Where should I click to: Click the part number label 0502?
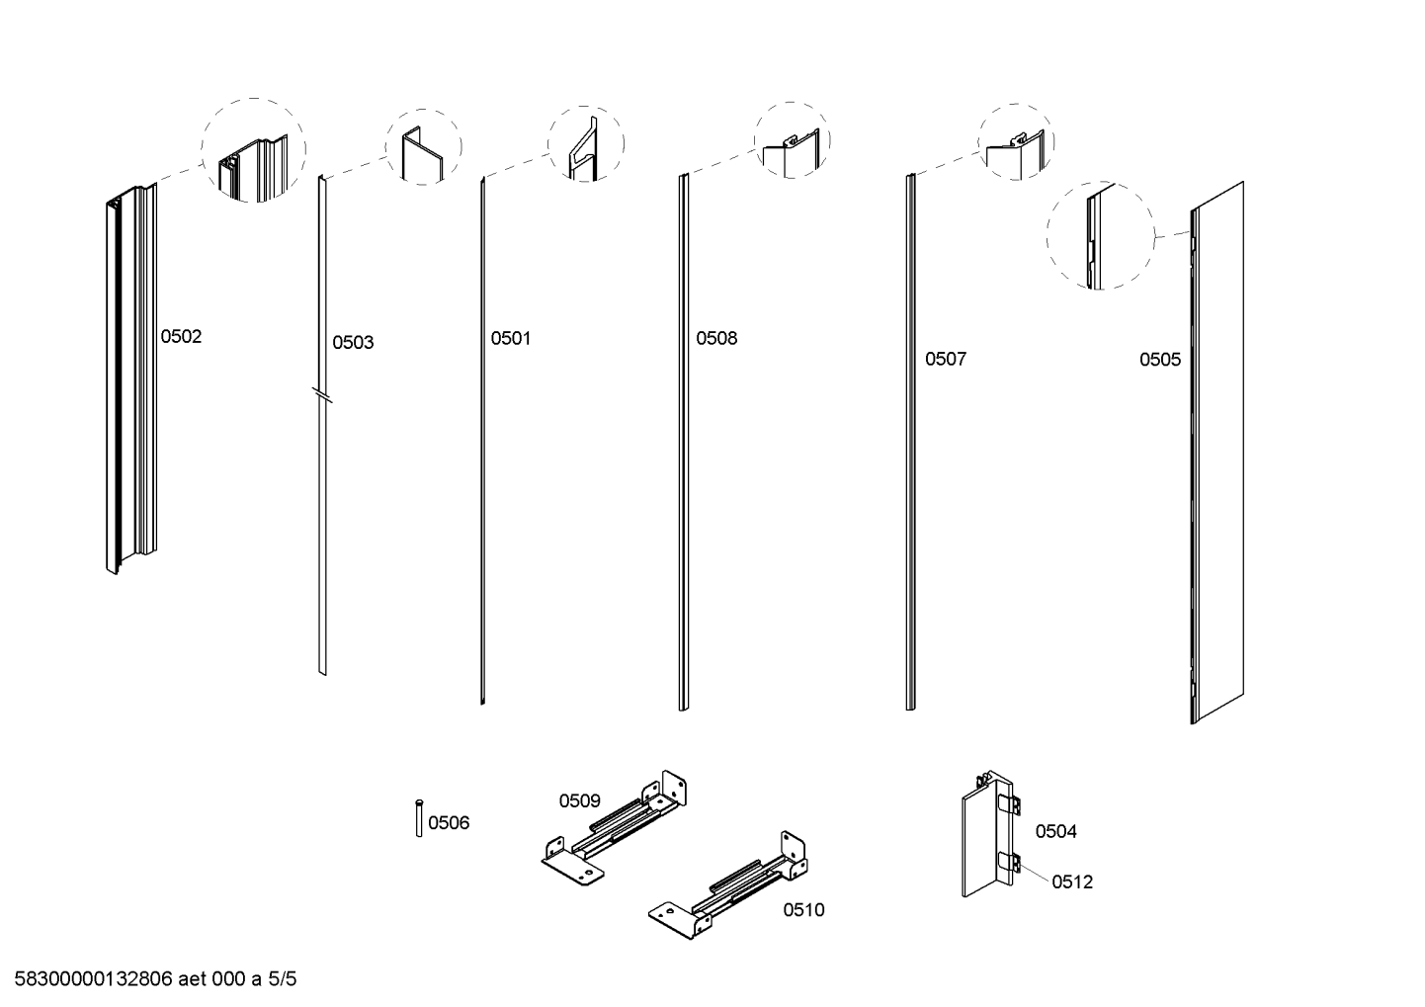(181, 337)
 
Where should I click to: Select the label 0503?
(353, 343)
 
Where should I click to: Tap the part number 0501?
(511, 339)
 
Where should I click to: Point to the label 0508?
(716, 339)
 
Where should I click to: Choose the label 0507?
(946, 360)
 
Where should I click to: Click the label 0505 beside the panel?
(1160, 360)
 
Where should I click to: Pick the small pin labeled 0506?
(420, 818)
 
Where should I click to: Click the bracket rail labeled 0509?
(615, 826)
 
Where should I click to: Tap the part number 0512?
(1072, 882)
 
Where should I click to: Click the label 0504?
(1055, 832)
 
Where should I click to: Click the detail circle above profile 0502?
(254, 151)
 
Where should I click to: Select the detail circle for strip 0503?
(422, 147)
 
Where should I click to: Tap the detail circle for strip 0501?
(586, 143)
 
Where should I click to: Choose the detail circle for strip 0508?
(793, 140)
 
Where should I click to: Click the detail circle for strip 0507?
(1016, 141)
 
